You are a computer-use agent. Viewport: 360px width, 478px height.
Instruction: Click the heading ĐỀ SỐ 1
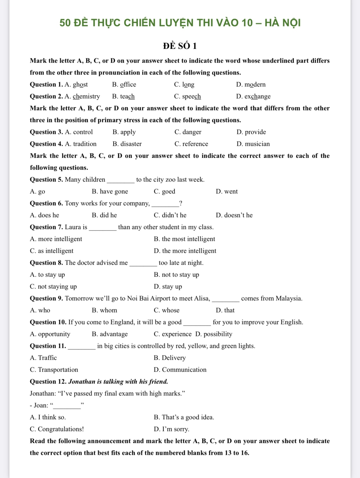point(180,46)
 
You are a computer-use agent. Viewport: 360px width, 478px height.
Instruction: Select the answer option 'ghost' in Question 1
point(80,85)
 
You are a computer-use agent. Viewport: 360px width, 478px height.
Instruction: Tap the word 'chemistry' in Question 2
point(86,97)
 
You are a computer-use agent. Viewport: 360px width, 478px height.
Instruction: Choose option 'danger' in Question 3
point(192,132)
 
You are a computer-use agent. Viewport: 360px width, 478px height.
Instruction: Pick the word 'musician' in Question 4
point(257,144)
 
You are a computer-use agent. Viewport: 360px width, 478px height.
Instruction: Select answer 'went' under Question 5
point(231,192)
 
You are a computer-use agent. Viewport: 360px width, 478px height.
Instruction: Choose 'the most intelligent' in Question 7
point(188,239)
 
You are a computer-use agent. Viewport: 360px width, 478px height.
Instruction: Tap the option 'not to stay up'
point(180,275)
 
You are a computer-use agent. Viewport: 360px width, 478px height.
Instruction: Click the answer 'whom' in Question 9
point(108,310)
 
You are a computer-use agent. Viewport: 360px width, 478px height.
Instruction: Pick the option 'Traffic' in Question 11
point(47,358)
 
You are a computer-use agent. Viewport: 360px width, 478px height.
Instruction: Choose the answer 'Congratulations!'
point(61,429)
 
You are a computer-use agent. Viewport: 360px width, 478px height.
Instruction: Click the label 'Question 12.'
point(48,382)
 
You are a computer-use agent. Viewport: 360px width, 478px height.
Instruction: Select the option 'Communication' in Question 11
point(184,370)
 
